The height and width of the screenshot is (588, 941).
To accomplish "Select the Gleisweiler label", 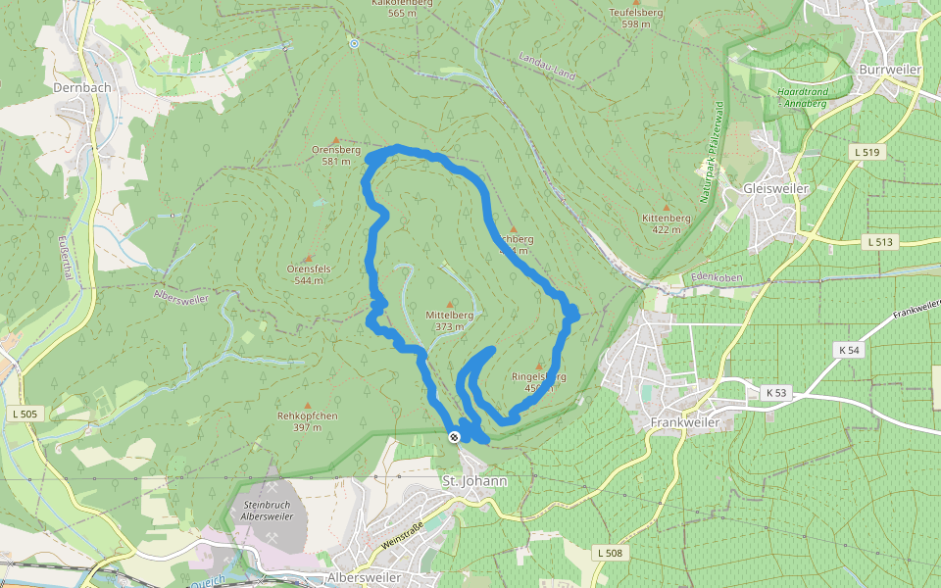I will [775, 188].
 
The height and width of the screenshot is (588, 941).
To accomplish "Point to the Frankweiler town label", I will [685, 422].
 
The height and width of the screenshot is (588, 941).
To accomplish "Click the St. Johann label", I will [474, 481].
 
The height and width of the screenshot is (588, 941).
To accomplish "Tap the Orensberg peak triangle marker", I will [336, 140].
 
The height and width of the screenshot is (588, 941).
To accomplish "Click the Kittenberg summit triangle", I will [667, 208].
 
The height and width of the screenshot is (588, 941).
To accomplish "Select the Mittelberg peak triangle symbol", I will [450, 305].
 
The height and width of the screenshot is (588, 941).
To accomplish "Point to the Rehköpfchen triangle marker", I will [307, 405].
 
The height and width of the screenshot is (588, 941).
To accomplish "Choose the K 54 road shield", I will [849, 350].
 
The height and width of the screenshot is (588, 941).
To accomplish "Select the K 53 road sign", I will [774, 393].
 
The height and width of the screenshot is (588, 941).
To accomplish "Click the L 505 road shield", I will [25, 415].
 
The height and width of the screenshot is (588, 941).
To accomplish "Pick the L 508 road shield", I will [608, 554].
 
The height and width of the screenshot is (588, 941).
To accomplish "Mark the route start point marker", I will [454, 437].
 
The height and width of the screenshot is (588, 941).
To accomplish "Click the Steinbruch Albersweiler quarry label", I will [266, 510].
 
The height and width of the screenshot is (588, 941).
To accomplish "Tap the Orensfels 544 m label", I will [310, 273].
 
